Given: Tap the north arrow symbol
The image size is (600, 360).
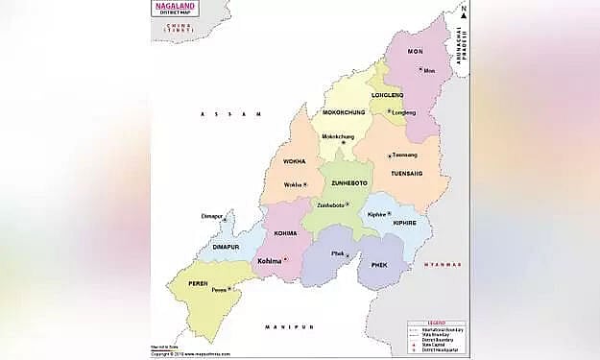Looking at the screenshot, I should point(462,12).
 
